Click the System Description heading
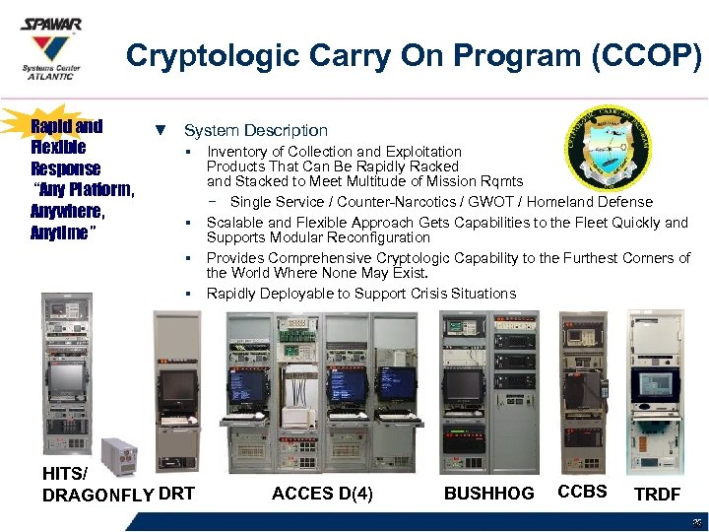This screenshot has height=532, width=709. click(x=256, y=130)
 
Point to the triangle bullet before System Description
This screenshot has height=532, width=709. click(x=161, y=130)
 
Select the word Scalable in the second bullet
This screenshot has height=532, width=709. click(x=234, y=223)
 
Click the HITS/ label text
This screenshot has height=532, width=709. click(x=65, y=473)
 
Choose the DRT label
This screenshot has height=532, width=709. click(x=176, y=494)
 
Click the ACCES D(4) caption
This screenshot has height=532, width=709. click(x=322, y=494)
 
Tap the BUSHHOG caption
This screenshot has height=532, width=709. click(x=489, y=494)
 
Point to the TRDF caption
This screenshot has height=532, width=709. click(x=657, y=494)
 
